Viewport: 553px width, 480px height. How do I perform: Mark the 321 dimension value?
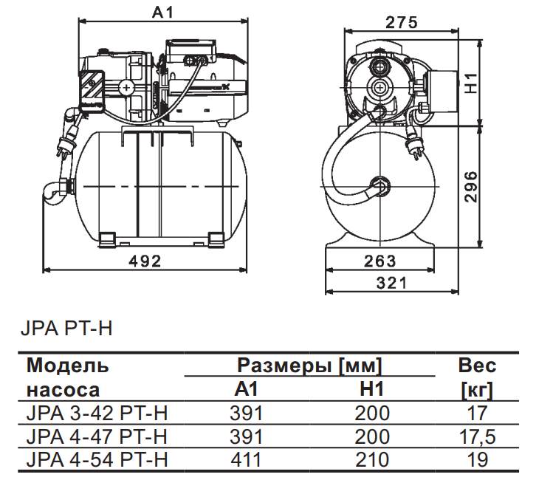tap(382, 283)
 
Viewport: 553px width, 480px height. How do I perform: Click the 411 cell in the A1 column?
tap(247, 459)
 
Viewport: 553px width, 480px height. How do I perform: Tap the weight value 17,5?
tap(477, 436)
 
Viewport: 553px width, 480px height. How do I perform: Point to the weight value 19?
tap(477, 459)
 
